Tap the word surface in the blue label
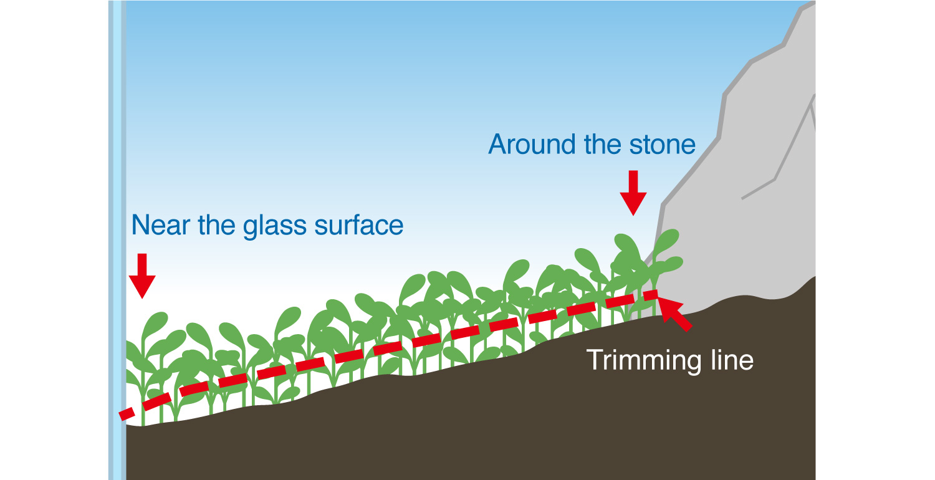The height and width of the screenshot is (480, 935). coord(359,226)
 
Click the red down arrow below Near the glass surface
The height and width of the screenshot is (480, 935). coord(142,276)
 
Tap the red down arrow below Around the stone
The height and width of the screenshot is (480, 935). coord(633,193)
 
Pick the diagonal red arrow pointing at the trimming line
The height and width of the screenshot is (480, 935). coord(674,314)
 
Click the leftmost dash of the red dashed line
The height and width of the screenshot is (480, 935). coord(127,414)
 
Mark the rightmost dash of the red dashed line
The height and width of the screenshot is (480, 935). coord(650,295)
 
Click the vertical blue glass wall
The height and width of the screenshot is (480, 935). coord(117,240)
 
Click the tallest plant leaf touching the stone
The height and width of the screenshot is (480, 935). coord(666,241)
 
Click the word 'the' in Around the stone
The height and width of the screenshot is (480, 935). coord(602,145)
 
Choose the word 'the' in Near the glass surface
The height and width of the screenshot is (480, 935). coord(216,226)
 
